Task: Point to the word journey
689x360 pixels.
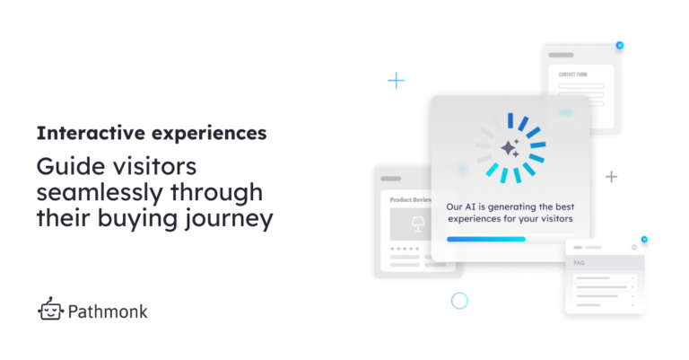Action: tap(231, 217)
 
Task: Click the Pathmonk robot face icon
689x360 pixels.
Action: tap(51, 310)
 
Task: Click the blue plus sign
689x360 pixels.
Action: tap(396, 81)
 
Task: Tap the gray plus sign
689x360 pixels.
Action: tap(611, 177)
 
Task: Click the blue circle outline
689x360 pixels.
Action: tap(459, 301)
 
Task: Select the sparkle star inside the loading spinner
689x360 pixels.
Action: tap(510, 146)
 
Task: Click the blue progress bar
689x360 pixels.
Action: tap(485, 239)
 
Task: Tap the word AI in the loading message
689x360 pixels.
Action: tap(475, 206)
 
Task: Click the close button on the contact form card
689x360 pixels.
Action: tap(619, 45)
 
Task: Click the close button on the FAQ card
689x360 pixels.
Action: tap(644, 240)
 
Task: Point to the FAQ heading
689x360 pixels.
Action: tap(580, 263)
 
